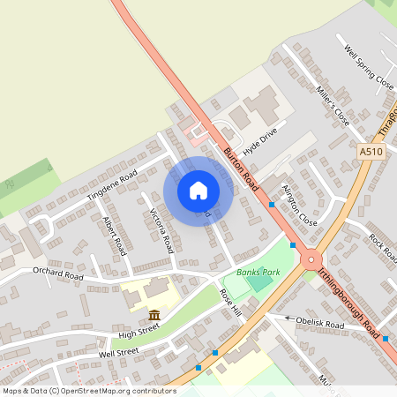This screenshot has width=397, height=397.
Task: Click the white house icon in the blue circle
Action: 198,191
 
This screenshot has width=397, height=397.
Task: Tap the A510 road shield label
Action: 371,153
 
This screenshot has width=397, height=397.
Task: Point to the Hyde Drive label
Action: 260,139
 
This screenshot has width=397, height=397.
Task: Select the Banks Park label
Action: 258,273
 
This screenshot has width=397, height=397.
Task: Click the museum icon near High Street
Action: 154,315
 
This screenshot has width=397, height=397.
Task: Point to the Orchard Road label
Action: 57,275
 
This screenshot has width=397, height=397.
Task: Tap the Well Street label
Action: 119,354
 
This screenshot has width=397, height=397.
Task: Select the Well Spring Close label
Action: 368,70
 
